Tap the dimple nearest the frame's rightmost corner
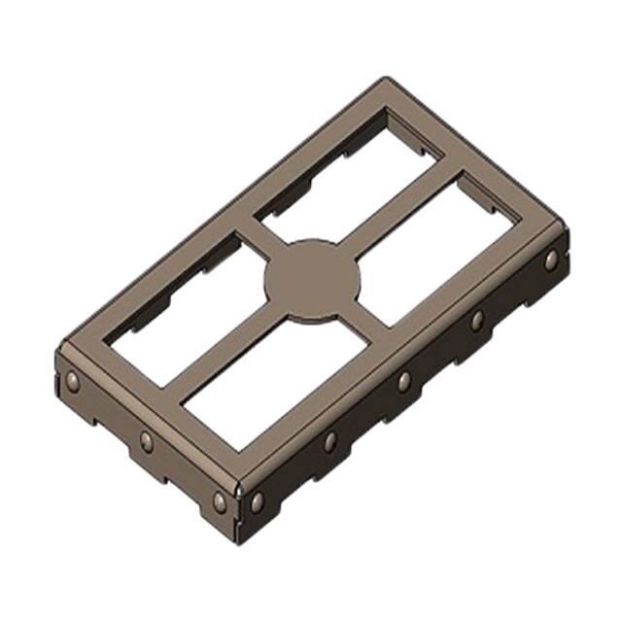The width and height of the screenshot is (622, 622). pos(551,259)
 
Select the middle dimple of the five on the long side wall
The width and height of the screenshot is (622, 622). pos(403,382)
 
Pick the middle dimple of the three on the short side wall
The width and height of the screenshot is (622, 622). pos(147,441)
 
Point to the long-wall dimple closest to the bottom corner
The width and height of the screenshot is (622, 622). pos(258,501)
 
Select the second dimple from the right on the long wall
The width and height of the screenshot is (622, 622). pos(477,321)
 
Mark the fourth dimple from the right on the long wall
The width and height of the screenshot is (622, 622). pos(330,442)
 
